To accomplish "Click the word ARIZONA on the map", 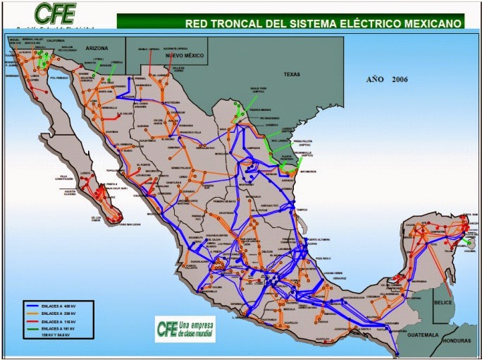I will (98, 48).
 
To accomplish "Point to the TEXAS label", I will (290, 73).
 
